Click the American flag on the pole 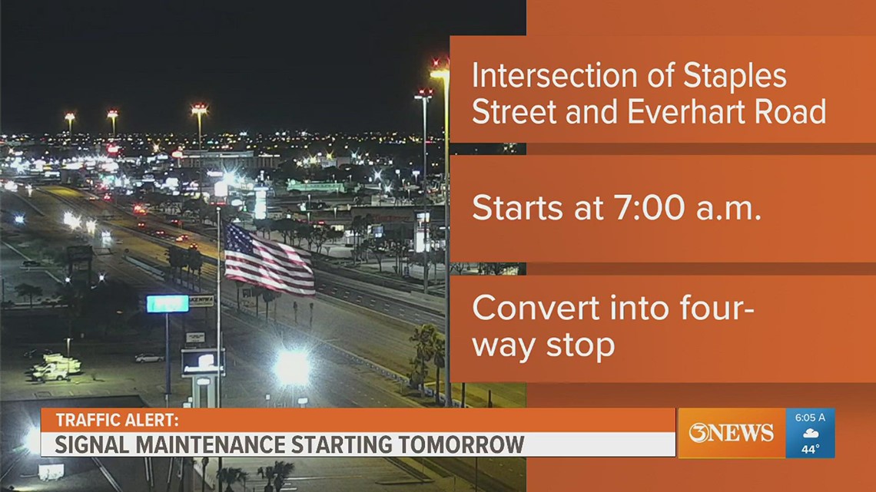coord(269,259)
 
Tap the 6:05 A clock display coord(810,418)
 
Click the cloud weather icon coord(810,434)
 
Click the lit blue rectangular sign coord(168,304)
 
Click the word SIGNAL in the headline coord(90,444)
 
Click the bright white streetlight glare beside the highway coord(293,367)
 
